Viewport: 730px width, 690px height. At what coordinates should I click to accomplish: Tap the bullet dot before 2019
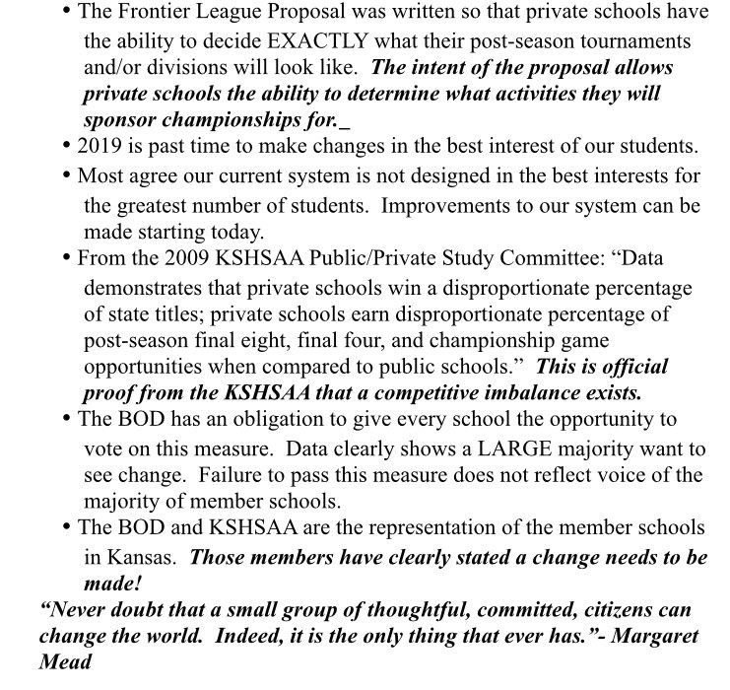point(67,146)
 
